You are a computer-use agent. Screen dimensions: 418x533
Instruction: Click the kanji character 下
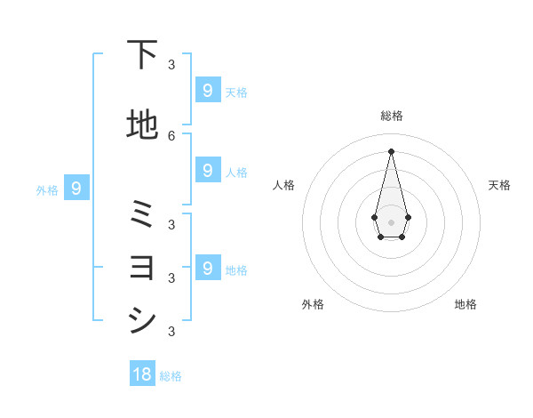click(x=142, y=54)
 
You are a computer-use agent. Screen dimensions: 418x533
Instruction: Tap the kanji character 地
click(x=142, y=125)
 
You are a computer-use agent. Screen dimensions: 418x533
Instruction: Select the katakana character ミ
click(x=142, y=214)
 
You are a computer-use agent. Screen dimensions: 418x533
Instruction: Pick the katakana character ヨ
click(x=142, y=267)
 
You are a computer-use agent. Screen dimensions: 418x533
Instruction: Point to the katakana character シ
click(x=142, y=319)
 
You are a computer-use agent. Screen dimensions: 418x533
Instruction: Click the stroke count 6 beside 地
click(x=171, y=135)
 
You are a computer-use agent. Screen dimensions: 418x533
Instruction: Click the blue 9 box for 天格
click(x=207, y=90)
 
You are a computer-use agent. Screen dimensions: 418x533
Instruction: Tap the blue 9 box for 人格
click(x=207, y=170)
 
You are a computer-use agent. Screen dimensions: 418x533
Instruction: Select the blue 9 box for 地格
click(x=207, y=267)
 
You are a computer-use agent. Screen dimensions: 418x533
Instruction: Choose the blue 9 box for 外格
click(x=76, y=188)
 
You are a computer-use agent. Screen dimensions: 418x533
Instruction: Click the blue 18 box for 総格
click(x=142, y=374)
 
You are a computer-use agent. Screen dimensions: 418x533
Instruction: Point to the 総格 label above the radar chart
click(x=391, y=116)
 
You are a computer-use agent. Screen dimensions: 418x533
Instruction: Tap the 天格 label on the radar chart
click(x=499, y=185)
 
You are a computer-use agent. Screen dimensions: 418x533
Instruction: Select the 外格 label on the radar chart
click(x=313, y=304)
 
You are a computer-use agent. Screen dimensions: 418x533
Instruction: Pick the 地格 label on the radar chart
click(x=465, y=304)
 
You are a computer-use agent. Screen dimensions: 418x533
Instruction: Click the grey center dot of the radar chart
click(x=391, y=221)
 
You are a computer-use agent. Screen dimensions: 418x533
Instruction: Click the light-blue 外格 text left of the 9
click(x=47, y=189)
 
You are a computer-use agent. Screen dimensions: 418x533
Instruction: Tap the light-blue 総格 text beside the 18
click(x=171, y=376)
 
